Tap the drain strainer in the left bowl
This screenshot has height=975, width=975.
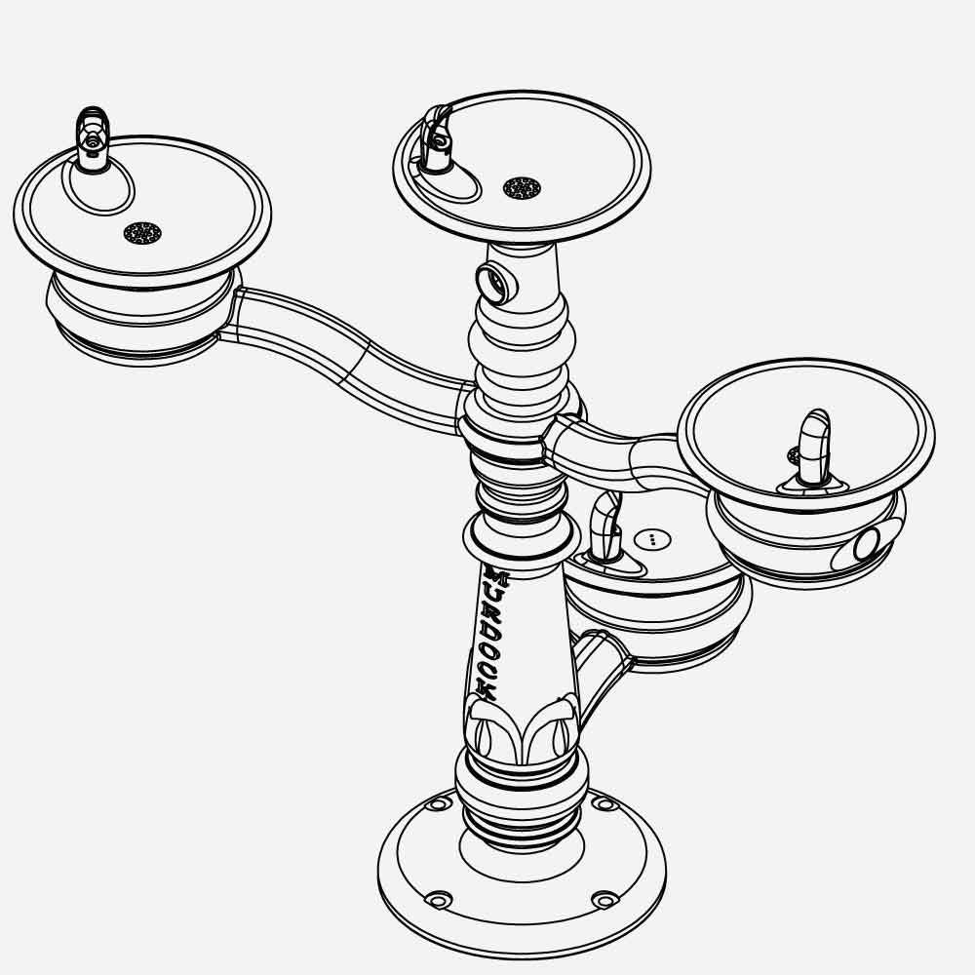click(x=142, y=233)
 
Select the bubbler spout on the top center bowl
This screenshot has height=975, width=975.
click(x=436, y=141)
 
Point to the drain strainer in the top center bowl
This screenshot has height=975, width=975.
click(x=522, y=187)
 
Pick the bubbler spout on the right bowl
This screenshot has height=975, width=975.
click(x=813, y=448)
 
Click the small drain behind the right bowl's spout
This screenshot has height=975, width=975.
click(x=794, y=455)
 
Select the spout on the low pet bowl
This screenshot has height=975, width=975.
click(x=604, y=526)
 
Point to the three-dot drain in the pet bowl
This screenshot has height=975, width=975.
click(x=652, y=538)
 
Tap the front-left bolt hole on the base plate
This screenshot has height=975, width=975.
click(x=439, y=898)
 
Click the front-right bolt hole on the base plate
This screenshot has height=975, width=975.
click(x=604, y=898)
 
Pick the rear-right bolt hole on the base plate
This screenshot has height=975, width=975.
click(x=604, y=804)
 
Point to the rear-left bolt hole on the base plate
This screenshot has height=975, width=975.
click(x=438, y=803)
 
